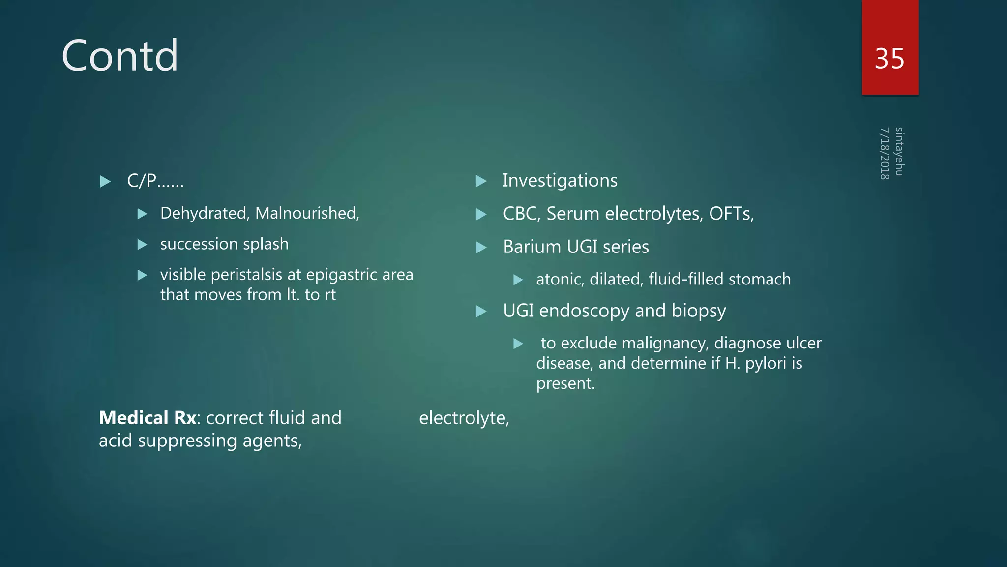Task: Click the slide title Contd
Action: (119, 56)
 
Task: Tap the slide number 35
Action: (889, 59)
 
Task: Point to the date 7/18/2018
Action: (885, 154)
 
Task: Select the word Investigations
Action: (560, 181)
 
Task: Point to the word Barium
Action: (532, 247)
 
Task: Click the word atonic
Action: (560, 279)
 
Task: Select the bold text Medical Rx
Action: (148, 418)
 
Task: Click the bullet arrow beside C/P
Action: (105, 182)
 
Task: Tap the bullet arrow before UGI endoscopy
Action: (481, 311)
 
